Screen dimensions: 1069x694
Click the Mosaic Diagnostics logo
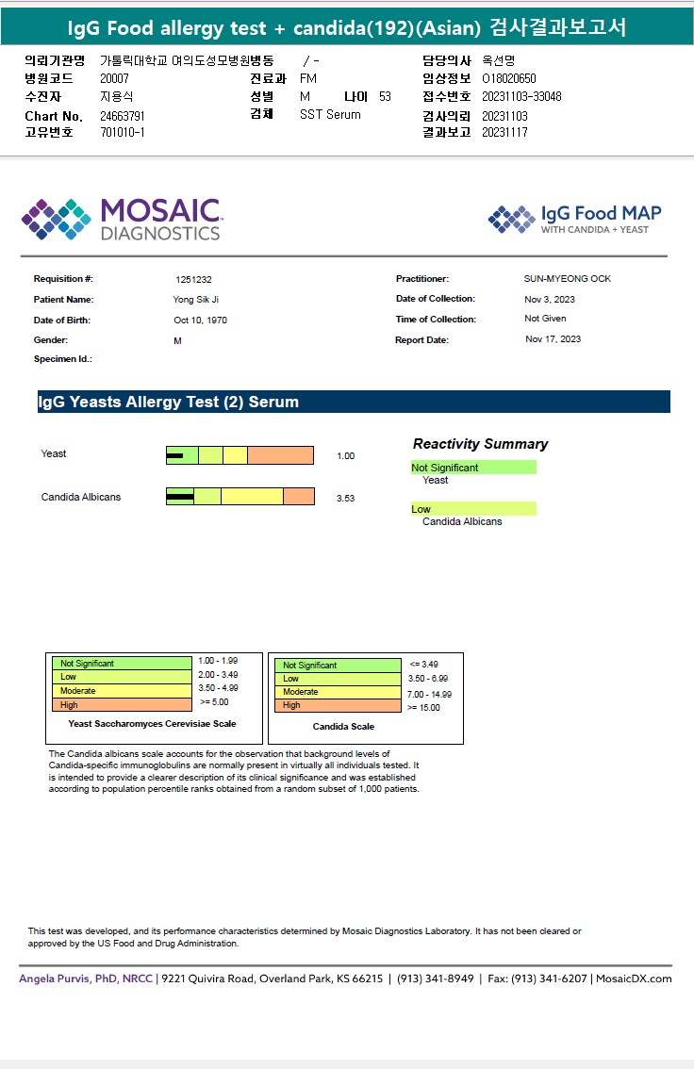(x=121, y=219)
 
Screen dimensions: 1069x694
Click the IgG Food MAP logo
(x=574, y=219)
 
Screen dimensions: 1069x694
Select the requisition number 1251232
(x=193, y=280)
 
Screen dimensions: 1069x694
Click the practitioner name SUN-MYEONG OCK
(x=568, y=279)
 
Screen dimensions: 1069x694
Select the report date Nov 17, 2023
(x=553, y=339)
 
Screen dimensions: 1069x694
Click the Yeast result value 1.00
(x=345, y=456)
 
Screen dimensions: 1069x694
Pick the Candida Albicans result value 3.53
(x=345, y=499)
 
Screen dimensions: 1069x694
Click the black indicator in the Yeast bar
(x=174, y=456)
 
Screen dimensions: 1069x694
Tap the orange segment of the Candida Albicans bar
(x=299, y=496)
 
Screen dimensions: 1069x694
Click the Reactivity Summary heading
(x=480, y=444)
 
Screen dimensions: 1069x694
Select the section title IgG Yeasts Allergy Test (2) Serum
(x=168, y=403)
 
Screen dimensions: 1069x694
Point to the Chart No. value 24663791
(x=123, y=116)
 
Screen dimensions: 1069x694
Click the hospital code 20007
(x=114, y=78)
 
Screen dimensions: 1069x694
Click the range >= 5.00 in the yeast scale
(x=214, y=701)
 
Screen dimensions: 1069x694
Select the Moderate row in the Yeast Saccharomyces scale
(x=121, y=691)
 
